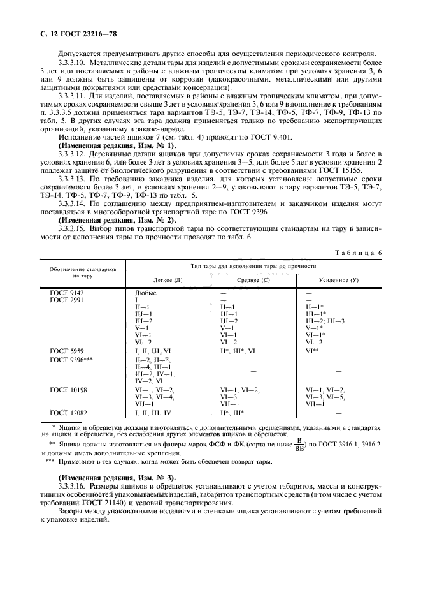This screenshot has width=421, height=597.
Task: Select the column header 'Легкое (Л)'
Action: [168, 280]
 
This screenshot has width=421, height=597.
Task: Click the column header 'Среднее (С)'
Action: [253, 280]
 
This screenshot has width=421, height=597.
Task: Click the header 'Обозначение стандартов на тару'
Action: [83, 272]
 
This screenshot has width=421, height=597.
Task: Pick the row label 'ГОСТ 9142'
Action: [68, 293]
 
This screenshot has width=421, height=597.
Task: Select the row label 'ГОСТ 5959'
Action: [68, 350]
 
